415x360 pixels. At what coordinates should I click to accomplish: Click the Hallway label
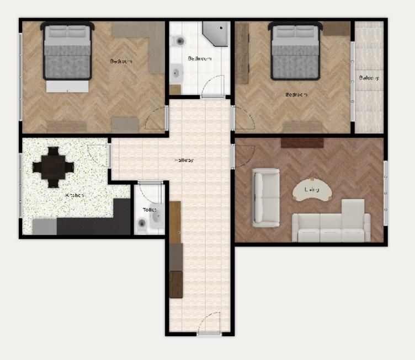(184, 160)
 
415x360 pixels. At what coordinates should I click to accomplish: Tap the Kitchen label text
(75, 195)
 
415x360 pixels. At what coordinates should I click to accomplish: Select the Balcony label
(369, 78)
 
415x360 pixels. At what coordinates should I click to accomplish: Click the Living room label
(312, 190)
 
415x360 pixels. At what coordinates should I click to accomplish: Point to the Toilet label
(150, 209)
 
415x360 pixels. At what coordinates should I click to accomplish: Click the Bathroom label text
(199, 58)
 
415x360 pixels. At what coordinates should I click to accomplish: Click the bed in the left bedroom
(67, 55)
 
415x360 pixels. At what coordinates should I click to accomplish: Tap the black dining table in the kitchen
(53, 166)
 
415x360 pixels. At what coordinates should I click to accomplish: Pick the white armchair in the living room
(265, 197)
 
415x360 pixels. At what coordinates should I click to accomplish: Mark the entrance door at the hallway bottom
(209, 325)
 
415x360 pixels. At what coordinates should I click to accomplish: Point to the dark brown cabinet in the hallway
(175, 284)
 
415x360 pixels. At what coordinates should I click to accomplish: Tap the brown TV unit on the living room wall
(302, 143)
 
